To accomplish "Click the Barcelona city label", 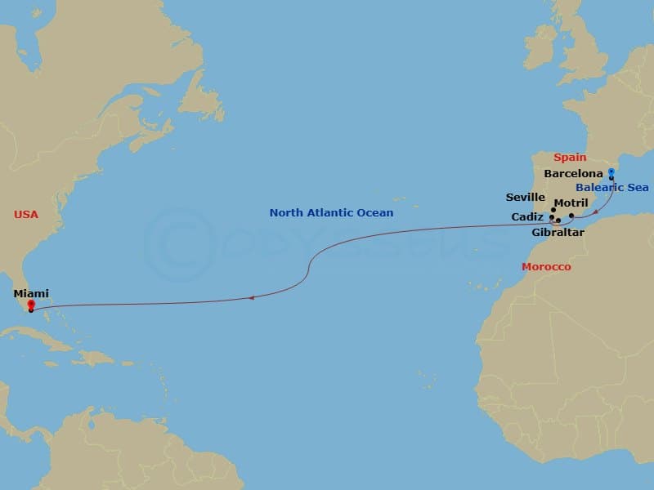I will [x=573, y=174].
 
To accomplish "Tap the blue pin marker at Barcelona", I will [x=611, y=172].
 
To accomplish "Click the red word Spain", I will [x=570, y=157].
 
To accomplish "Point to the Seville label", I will [x=526, y=197].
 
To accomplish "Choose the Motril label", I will [x=571, y=203].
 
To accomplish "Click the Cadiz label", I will [x=527, y=216].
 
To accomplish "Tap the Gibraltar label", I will [x=558, y=232].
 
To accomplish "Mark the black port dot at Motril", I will [x=571, y=216].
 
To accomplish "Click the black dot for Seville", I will [x=553, y=210].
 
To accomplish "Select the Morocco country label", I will [x=546, y=267].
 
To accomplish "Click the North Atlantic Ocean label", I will [x=331, y=213].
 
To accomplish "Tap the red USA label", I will [x=26, y=214].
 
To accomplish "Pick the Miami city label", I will [x=31, y=293].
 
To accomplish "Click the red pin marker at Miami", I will [x=30, y=305].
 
